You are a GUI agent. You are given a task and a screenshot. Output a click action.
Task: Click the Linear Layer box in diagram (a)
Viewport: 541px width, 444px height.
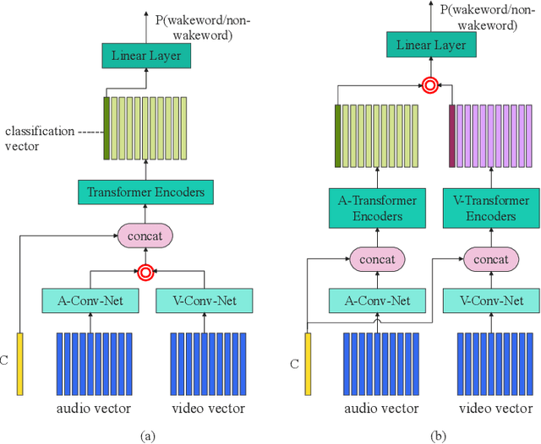pos(145,56)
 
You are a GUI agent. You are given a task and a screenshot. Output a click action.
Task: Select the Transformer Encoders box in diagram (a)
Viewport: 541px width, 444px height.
pos(146,192)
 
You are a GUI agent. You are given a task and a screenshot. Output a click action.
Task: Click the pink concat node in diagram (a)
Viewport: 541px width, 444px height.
pos(145,235)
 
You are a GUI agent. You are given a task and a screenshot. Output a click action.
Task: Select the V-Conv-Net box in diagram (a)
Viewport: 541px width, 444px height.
pos(204,300)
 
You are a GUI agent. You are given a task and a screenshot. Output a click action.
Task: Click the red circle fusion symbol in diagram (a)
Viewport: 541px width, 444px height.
pos(145,272)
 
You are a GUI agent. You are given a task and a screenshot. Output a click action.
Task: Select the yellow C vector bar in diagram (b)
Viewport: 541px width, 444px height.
pos(307,364)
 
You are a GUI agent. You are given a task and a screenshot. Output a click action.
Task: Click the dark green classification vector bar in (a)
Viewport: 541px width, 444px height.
pos(107,128)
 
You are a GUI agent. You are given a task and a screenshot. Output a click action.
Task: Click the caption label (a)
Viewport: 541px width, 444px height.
pos(147,436)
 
